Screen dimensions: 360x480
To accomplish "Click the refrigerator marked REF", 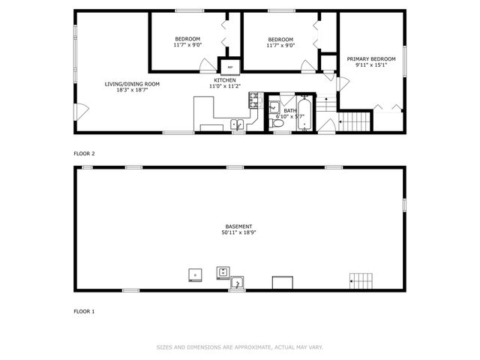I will pyautogui.click(x=229, y=66).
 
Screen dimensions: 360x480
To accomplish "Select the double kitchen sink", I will pyautogui.click(x=235, y=124).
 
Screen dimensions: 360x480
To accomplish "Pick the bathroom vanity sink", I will pyautogui.click(x=274, y=103).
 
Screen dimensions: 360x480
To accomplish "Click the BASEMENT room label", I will pyautogui.click(x=238, y=226).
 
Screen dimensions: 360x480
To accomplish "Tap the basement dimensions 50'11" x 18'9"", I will pyautogui.click(x=238, y=232).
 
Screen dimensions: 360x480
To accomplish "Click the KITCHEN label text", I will pyautogui.click(x=225, y=80).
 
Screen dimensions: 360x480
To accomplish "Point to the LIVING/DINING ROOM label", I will pyautogui.click(x=132, y=84).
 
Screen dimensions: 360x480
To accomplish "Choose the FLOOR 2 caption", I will pyautogui.click(x=84, y=154).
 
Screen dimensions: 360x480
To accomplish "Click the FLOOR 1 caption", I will pyautogui.click(x=84, y=310).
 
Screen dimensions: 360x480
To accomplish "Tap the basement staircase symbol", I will pyautogui.click(x=361, y=280).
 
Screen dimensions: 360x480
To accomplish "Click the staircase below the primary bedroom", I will pyautogui.click(x=355, y=119).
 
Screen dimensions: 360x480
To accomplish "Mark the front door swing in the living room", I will pyautogui.click(x=82, y=112).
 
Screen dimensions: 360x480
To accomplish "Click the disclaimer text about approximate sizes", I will pyautogui.click(x=239, y=347).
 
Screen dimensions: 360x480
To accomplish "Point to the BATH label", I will pyautogui.click(x=289, y=110).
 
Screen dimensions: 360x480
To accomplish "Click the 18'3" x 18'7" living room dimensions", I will pyautogui.click(x=132, y=91).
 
